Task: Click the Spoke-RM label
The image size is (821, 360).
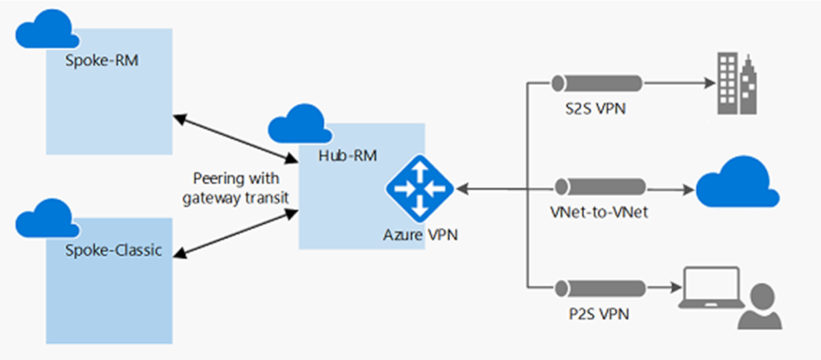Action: pyautogui.click(x=101, y=61)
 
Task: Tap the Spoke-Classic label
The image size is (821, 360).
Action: pyautogui.click(x=113, y=250)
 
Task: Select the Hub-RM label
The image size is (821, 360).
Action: pyautogui.click(x=348, y=156)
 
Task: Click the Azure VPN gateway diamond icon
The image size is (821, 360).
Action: pyautogui.click(x=420, y=188)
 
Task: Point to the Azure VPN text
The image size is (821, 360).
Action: pyautogui.click(x=420, y=235)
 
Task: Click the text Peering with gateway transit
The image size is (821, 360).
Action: pyautogui.click(x=236, y=188)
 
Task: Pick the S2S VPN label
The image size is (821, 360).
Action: pyautogui.click(x=595, y=109)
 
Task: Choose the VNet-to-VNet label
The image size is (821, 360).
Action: pyautogui.click(x=599, y=212)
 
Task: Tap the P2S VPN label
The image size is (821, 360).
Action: pyautogui.click(x=599, y=314)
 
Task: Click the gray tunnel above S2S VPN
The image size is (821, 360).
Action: pyautogui.click(x=597, y=83)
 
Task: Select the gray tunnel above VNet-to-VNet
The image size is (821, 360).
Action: pyautogui.click(x=600, y=187)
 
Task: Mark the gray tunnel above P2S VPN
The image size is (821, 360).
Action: pyautogui.click(x=600, y=289)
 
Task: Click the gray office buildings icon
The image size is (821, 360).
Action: pyautogui.click(x=736, y=84)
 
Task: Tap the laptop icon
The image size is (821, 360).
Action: pyautogui.click(x=711, y=288)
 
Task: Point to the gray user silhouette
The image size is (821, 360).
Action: pyautogui.click(x=760, y=307)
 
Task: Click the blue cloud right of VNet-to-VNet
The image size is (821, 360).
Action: pyautogui.click(x=738, y=183)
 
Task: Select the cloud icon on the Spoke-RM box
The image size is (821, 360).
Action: pyautogui.click(x=46, y=30)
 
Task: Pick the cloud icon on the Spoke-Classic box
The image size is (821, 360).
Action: pyautogui.click(x=46, y=219)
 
